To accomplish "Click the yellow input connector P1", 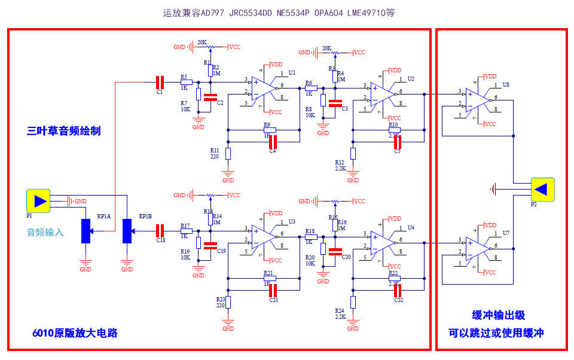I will (x=39, y=201).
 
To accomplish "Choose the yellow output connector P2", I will (x=542, y=190).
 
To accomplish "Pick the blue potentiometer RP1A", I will (x=86, y=231).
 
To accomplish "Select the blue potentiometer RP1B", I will (x=127, y=231).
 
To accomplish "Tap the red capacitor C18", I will (x=160, y=230).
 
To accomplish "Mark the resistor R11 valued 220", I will (x=228, y=153).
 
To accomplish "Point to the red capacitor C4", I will (x=273, y=142).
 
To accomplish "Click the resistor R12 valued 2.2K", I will (x=353, y=154).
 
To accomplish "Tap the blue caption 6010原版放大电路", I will (x=75, y=332).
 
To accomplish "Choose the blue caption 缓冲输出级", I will (x=498, y=315).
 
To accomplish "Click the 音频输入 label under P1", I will (x=45, y=231).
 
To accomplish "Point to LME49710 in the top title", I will (x=364, y=13).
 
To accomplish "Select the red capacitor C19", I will (x=210, y=245).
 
